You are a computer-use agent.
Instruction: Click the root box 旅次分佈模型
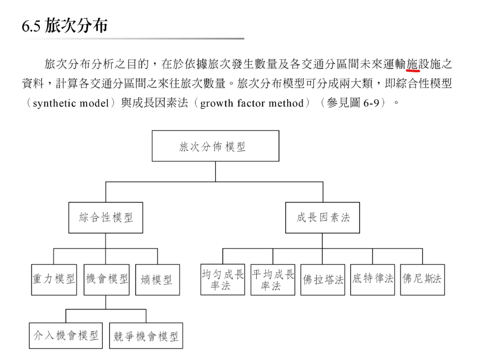pyautogui.click(x=215, y=146)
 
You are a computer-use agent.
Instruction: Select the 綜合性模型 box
pyautogui.click(x=106, y=217)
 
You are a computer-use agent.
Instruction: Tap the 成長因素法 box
pyautogui.click(x=322, y=217)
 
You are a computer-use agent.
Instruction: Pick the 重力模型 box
pyautogui.click(x=54, y=279)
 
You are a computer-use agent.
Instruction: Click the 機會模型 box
pyautogui.click(x=106, y=279)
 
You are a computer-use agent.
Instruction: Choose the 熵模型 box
pyautogui.click(x=157, y=280)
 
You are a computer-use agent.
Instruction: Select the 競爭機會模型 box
pyautogui.click(x=146, y=336)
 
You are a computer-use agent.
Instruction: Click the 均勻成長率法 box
pyautogui.click(x=222, y=279)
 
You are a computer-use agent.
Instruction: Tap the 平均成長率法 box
pyautogui.click(x=273, y=279)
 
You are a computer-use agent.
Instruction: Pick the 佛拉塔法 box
pyautogui.click(x=323, y=280)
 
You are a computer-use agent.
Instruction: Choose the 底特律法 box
pyautogui.click(x=372, y=279)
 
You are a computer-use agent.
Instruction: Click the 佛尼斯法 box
pyautogui.click(x=422, y=279)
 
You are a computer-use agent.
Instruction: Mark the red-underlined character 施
pyautogui.click(x=412, y=64)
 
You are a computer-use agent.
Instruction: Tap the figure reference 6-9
pyautogui.click(x=373, y=104)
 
